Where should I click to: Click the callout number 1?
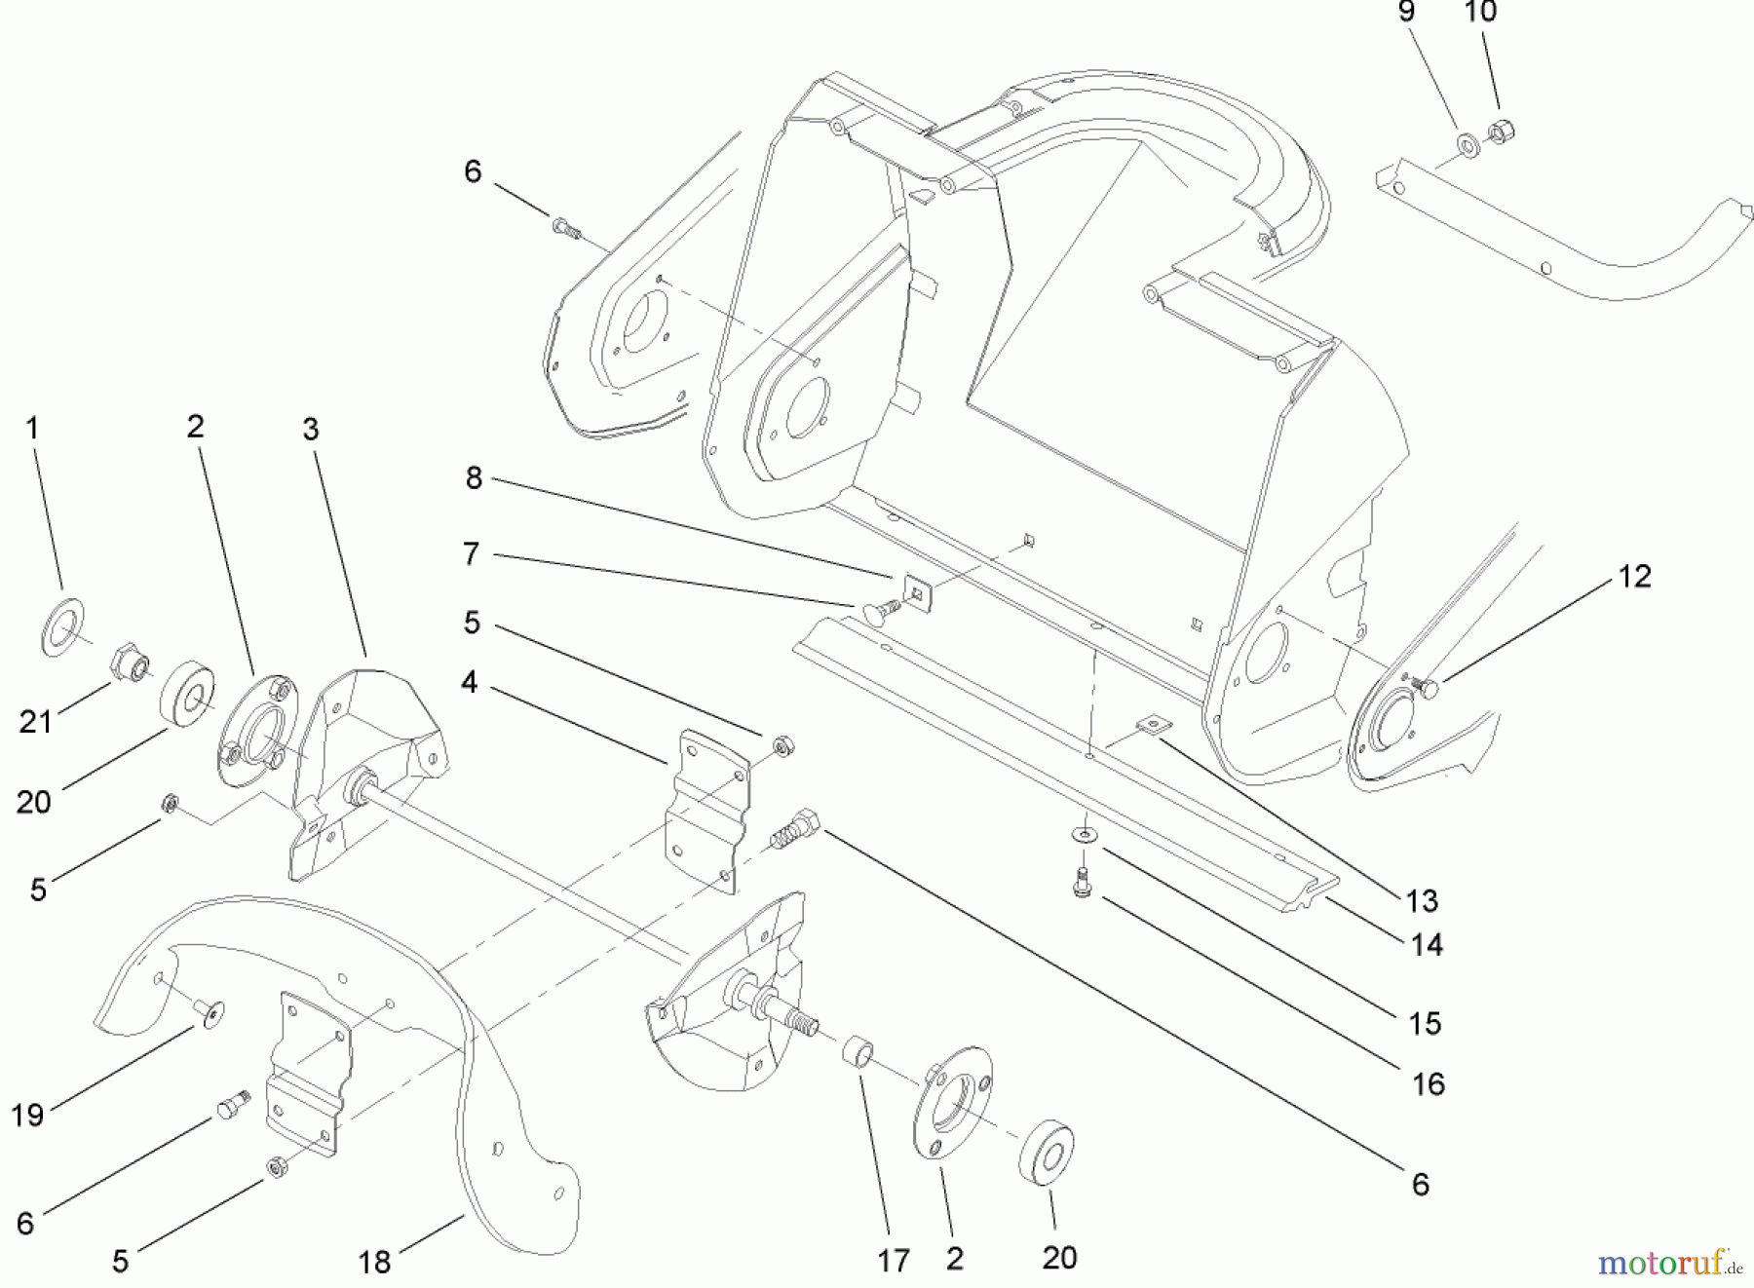pyautogui.click(x=32, y=429)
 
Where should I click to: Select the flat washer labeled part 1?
pyautogui.click(x=62, y=627)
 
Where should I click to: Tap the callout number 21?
pyautogui.click(x=36, y=722)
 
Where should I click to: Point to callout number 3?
pyautogui.click(x=311, y=430)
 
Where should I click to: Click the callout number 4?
pyautogui.click(x=470, y=683)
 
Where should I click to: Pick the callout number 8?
pyautogui.click(x=474, y=478)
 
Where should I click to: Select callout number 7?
pyautogui.click(x=472, y=554)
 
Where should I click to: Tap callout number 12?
pyautogui.click(x=1635, y=577)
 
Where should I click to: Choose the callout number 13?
pyautogui.click(x=1423, y=901)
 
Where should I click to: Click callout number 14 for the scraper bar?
pyautogui.click(x=1427, y=944)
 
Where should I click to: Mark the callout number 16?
pyautogui.click(x=1429, y=1083)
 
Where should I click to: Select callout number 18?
pyautogui.click(x=375, y=1263)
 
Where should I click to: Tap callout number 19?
pyautogui.click(x=27, y=1115)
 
